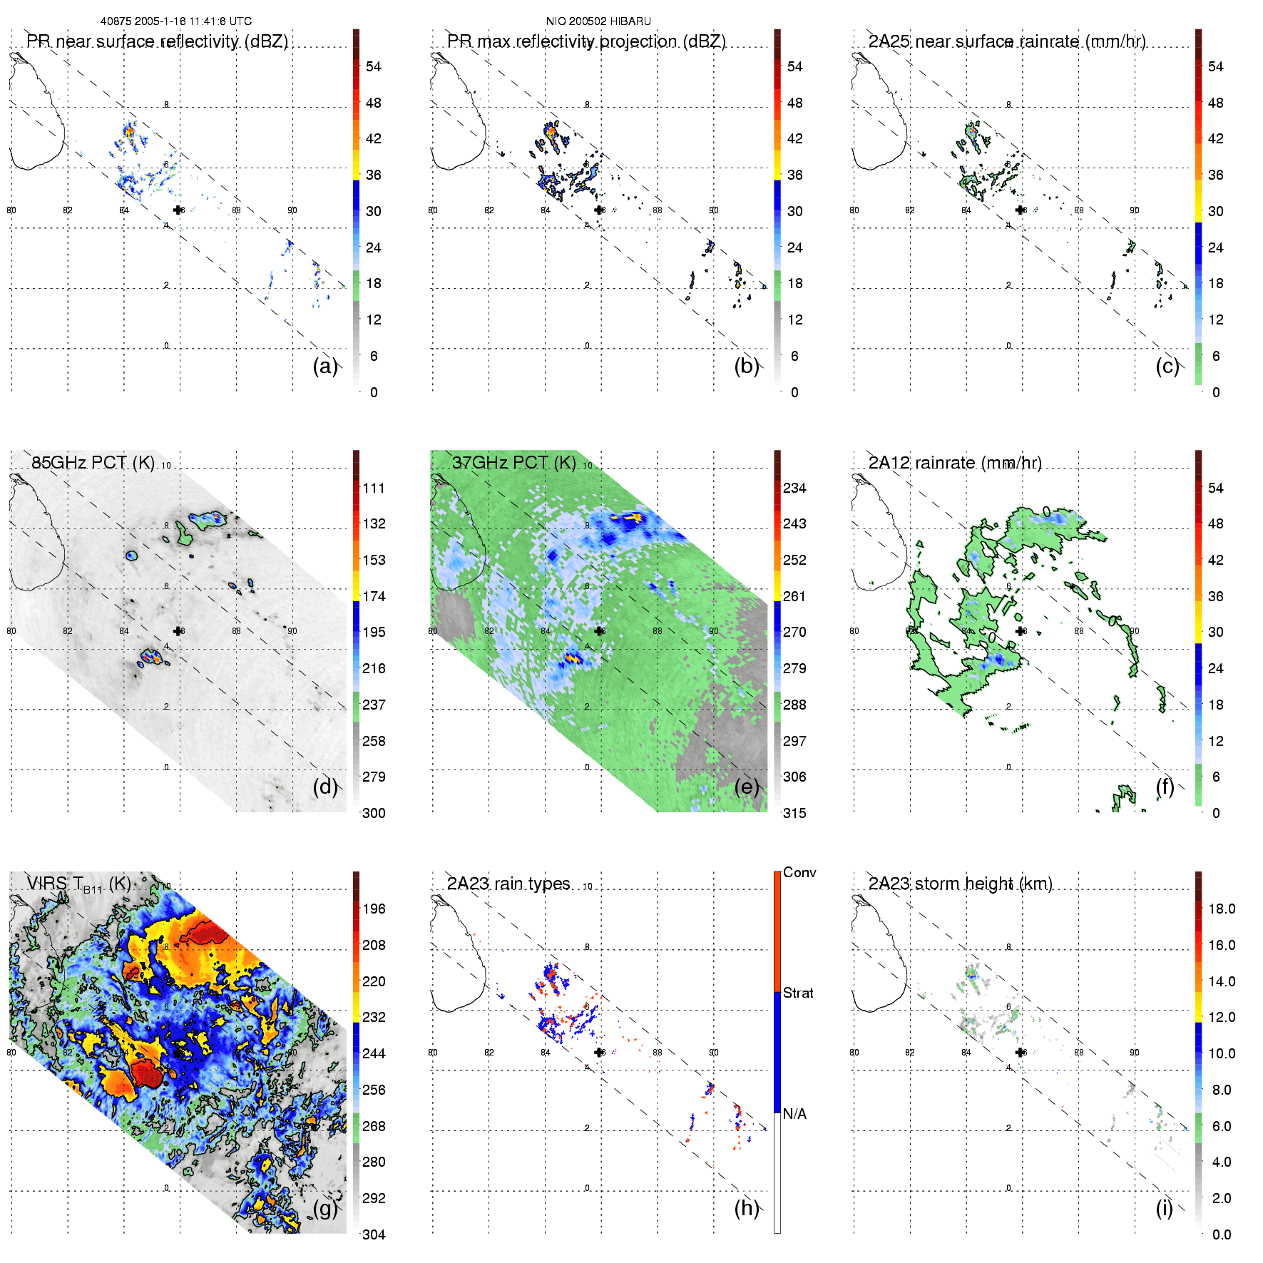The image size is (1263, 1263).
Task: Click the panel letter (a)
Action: pos(324,366)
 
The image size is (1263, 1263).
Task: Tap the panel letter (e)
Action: pos(746,787)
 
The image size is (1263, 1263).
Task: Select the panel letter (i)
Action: pos(1164,1208)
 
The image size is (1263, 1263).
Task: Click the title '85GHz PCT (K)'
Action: pos(93,462)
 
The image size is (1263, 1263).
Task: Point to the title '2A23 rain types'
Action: pos(508,884)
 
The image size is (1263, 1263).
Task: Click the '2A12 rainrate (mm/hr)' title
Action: pos(954,463)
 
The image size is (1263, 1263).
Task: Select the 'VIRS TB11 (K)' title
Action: pos(78,884)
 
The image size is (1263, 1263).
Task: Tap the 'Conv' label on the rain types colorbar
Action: pos(799,872)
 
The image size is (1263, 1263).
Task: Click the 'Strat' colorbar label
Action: pos(798,993)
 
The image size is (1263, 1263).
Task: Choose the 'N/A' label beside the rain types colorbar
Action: pos(794,1114)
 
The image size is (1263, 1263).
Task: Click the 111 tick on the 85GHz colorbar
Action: pos(374,488)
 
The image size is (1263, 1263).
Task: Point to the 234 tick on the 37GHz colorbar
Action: pos(794,488)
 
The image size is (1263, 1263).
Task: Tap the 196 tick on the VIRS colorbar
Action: pos(374,909)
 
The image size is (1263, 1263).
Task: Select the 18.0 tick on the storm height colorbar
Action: pos(1221,909)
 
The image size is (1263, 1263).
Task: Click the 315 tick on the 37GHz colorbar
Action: pos(794,813)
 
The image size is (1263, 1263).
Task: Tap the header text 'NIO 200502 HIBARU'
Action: pos(598,21)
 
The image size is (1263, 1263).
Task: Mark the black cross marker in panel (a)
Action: pos(178,210)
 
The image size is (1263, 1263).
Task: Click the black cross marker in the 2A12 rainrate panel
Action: pos(1020,631)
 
